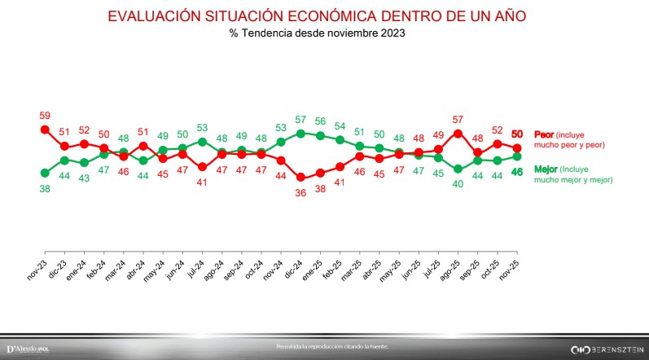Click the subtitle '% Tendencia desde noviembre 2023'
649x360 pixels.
point(318,33)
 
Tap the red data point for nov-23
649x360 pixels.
point(45,130)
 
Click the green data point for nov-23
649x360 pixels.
point(45,172)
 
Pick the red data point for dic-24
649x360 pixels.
point(300,177)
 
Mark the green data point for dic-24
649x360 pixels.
point(300,133)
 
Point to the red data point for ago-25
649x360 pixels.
point(458,134)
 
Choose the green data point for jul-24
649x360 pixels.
point(202,142)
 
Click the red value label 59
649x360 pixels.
point(45,115)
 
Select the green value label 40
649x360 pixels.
point(458,184)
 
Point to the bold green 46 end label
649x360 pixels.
point(516,172)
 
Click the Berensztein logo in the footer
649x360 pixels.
point(607,349)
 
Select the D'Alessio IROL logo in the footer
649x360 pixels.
point(28,349)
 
